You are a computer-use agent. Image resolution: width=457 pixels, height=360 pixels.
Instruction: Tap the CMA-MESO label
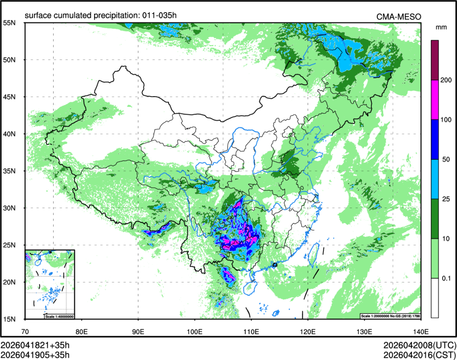(x=399, y=16)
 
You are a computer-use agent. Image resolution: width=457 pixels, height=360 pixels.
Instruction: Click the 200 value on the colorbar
(x=447, y=80)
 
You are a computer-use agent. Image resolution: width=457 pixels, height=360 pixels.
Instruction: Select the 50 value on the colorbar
(x=447, y=159)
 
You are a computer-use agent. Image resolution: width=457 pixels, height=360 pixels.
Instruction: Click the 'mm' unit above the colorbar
(x=441, y=27)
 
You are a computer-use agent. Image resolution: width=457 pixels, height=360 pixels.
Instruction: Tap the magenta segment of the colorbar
(x=435, y=100)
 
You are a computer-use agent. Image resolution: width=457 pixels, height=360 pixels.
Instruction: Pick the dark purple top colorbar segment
(x=435, y=60)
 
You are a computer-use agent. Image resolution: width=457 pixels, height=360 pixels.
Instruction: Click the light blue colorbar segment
(x=435, y=179)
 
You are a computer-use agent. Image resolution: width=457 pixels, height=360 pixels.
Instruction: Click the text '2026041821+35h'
(x=35, y=345)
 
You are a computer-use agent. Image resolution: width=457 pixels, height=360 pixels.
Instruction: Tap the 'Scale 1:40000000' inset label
(x=58, y=316)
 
